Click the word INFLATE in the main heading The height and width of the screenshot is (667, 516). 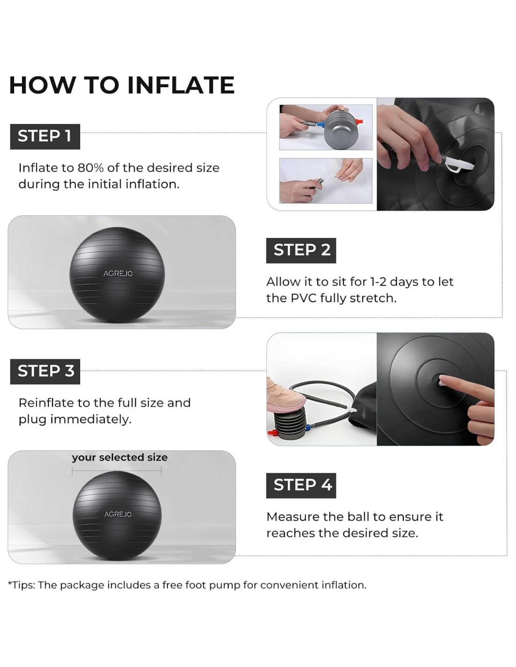coord(181,85)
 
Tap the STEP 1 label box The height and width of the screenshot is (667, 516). coord(45,136)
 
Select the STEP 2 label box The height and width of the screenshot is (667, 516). coord(301,250)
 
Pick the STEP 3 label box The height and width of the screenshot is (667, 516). coord(45,371)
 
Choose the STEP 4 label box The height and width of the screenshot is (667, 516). coord(301,485)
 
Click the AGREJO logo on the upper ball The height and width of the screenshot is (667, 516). coord(118,273)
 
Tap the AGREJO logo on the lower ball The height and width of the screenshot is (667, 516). coord(118,514)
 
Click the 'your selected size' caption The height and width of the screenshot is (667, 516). coord(120,457)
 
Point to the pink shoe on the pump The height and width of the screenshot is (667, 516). coord(286,395)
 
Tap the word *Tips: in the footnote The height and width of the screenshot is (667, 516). coord(22,585)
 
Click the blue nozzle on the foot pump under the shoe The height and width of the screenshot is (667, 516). coord(312,426)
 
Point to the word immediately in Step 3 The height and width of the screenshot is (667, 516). coord(91,419)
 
